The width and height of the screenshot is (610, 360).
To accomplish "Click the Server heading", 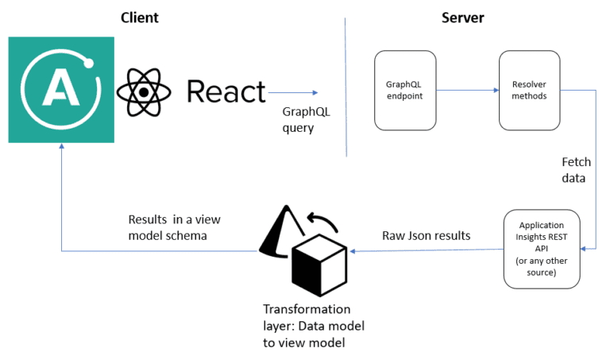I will click(x=463, y=17).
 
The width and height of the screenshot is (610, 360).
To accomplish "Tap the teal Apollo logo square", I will click(x=60, y=90).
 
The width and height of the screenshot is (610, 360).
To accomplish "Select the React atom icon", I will click(x=145, y=91).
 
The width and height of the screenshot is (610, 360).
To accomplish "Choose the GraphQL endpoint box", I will click(x=404, y=90).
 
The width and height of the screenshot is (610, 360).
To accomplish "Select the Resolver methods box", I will click(x=528, y=90).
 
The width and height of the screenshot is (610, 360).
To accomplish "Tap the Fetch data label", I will click(x=576, y=170).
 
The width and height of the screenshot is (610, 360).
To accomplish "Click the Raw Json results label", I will click(x=425, y=235).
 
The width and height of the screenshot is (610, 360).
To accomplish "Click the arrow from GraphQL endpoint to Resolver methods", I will click(x=467, y=90).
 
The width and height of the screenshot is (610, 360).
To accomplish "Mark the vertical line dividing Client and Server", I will click(x=346, y=87).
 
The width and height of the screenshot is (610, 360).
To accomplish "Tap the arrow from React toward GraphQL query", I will click(x=295, y=92).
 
